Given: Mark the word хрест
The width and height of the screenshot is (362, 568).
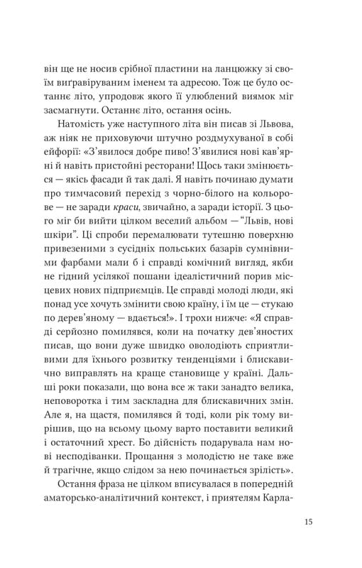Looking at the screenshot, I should [133, 464].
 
